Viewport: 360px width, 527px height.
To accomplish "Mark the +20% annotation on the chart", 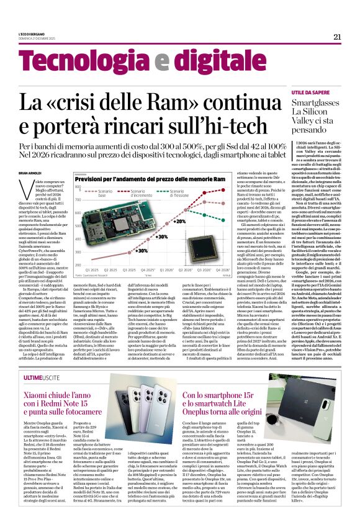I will (x=180, y=222).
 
